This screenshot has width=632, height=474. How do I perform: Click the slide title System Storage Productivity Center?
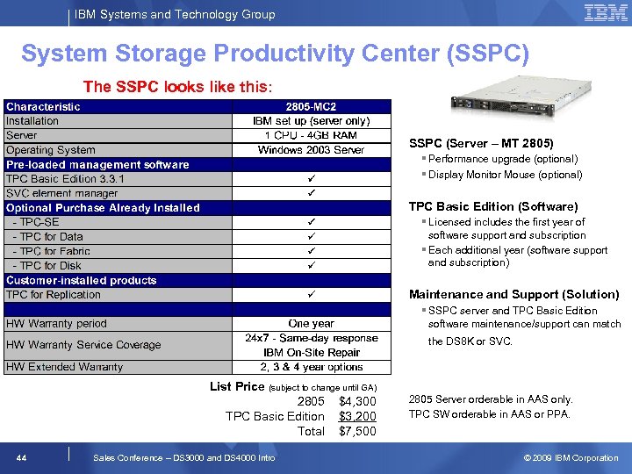pyautogui.click(x=275, y=54)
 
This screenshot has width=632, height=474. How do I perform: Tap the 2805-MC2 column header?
pyautogui.click(x=311, y=106)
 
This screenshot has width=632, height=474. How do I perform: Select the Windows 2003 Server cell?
pyautogui.click(x=311, y=150)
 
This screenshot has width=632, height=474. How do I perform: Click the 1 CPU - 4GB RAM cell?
pyautogui.click(x=311, y=135)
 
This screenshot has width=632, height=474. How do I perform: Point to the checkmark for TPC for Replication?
pyautogui.click(x=311, y=295)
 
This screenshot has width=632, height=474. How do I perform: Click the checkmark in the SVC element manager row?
pyautogui.click(x=311, y=193)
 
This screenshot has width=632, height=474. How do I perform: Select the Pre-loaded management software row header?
pyautogui.click(x=97, y=164)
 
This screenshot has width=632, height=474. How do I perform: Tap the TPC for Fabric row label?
pyautogui.click(x=52, y=251)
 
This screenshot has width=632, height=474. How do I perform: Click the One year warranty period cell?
pyautogui.click(x=311, y=323)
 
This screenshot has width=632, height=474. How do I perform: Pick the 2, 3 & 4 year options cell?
pyautogui.click(x=311, y=367)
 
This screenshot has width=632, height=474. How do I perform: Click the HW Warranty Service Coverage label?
pyautogui.click(x=83, y=345)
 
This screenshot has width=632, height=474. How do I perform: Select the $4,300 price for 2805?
pyautogui.click(x=357, y=401)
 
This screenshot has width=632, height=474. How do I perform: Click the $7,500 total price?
pyautogui.click(x=357, y=431)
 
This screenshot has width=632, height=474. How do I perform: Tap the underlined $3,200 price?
pyautogui.click(x=357, y=416)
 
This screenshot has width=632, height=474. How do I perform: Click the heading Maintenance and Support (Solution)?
pyautogui.click(x=513, y=294)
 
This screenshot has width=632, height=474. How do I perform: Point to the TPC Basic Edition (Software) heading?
pyautogui.click(x=493, y=206)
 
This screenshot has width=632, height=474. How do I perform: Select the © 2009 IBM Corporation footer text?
pyautogui.click(x=571, y=457)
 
